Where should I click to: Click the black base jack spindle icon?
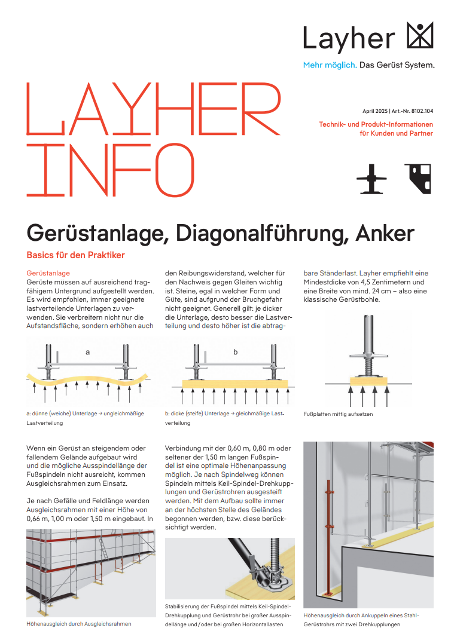[x=371, y=179]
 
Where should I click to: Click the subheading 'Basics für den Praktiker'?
[x=75, y=255]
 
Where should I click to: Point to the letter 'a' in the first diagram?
[x=87, y=352]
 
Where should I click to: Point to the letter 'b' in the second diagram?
[x=235, y=352]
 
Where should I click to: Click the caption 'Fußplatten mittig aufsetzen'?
[x=338, y=414]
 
